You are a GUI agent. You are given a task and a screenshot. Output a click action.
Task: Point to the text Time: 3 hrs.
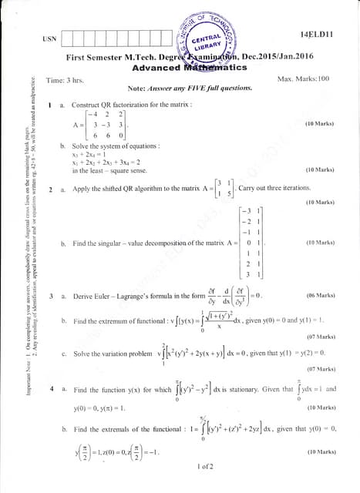65,80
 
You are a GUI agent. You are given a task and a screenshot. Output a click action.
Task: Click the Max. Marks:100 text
302,79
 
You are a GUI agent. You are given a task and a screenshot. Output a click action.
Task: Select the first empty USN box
67,37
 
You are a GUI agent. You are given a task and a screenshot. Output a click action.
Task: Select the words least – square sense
110,170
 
